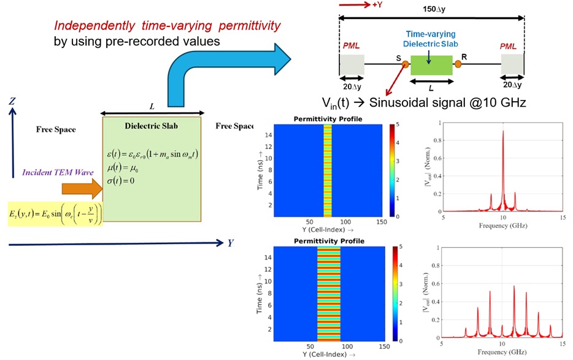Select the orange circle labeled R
[458, 63]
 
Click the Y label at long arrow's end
[231, 243]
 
